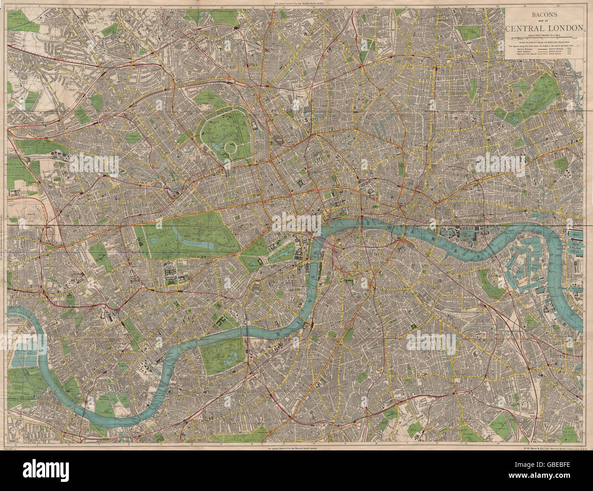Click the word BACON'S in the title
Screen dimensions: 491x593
pyautogui.click(x=545, y=14)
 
